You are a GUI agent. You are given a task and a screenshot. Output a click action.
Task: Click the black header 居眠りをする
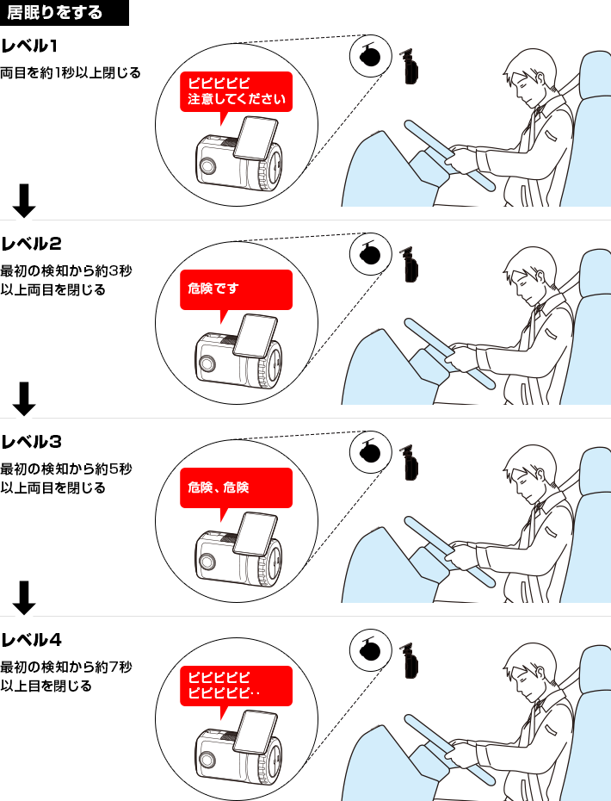click(x=65, y=12)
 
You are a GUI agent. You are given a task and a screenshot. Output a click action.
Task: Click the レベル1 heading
click(x=29, y=46)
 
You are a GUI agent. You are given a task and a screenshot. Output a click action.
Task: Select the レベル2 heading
click(x=31, y=244)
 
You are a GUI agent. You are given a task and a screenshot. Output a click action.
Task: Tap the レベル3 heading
click(x=31, y=442)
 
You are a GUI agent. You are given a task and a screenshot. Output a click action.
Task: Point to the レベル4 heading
click(x=31, y=640)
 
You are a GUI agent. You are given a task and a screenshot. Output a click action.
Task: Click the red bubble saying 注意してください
click(x=236, y=92)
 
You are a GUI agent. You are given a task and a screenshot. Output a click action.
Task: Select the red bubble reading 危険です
click(x=236, y=290)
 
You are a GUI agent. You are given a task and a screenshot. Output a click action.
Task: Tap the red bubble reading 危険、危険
click(x=236, y=488)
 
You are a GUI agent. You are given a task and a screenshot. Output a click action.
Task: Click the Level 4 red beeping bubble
click(x=236, y=686)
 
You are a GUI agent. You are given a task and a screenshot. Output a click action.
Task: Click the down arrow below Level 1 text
click(x=24, y=201)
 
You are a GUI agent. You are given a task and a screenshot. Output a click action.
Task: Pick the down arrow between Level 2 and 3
click(x=24, y=399)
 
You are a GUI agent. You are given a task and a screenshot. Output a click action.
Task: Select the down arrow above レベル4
click(x=24, y=597)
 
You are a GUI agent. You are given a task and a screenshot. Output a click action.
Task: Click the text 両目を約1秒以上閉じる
click(x=71, y=72)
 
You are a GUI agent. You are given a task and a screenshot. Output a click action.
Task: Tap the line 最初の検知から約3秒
click(x=66, y=270)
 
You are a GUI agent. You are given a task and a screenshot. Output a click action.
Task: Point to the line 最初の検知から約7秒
click(x=66, y=667)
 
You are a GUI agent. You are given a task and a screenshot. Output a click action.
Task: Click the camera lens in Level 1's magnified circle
click(x=207, y=165)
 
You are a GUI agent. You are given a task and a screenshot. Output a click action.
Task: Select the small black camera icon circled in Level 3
click(x=370, y=453)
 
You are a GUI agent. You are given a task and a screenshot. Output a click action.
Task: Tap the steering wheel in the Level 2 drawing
click(x=449, y=353)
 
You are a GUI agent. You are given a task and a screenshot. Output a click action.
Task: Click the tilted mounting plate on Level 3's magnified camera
click(x=255, y=534)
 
